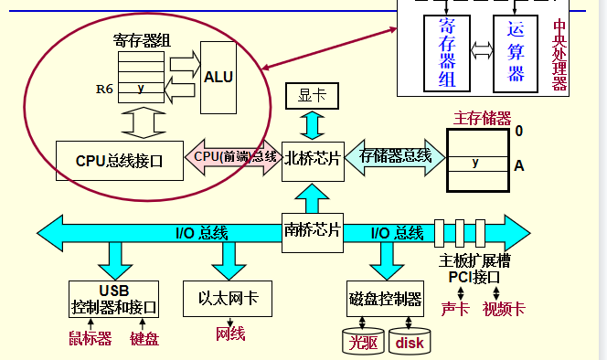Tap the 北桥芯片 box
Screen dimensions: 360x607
click(x=312, y=159)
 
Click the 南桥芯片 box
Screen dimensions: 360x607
click(x=312, y=229)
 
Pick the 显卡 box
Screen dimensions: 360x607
click(x=313, y=94)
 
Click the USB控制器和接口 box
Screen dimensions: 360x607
click(x=114, y=298)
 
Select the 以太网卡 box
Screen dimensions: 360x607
click(x=229, y=298)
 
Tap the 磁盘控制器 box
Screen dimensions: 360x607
click(x=385, y=299)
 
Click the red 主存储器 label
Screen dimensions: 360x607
click(x=482, y=118)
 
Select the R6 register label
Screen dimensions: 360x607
click(x=105, y=90)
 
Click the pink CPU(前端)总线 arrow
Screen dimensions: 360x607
click(x=234, y=156)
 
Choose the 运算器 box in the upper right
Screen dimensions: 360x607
click(x=516, y=51)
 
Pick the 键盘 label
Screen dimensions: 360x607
click(x=144, y=339)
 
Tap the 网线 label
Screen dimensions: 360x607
click(x=230, y=334)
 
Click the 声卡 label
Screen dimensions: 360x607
click(x=455, y=309)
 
